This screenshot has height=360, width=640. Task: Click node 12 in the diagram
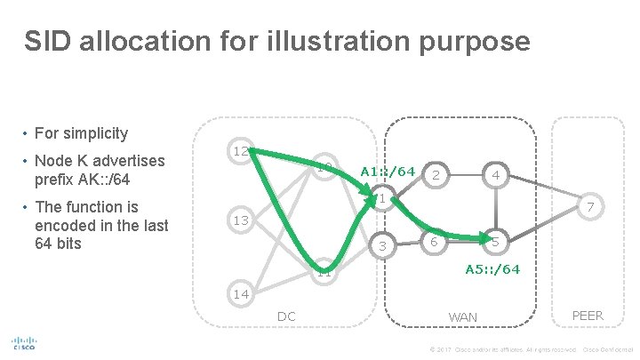click(240, 152)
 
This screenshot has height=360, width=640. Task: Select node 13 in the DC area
click(239, 220)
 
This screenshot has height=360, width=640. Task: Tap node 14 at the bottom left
click(239, 293)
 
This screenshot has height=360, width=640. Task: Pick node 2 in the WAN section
click(435, 176)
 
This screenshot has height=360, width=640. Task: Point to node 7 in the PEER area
click(585, 206)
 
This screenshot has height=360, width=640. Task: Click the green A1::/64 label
click(388, 171)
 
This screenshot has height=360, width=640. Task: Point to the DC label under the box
click(286, 316)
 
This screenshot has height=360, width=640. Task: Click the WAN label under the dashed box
click(462, 316)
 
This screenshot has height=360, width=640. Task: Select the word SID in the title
click(47, 41)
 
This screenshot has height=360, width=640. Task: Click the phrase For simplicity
click(81, 133)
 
